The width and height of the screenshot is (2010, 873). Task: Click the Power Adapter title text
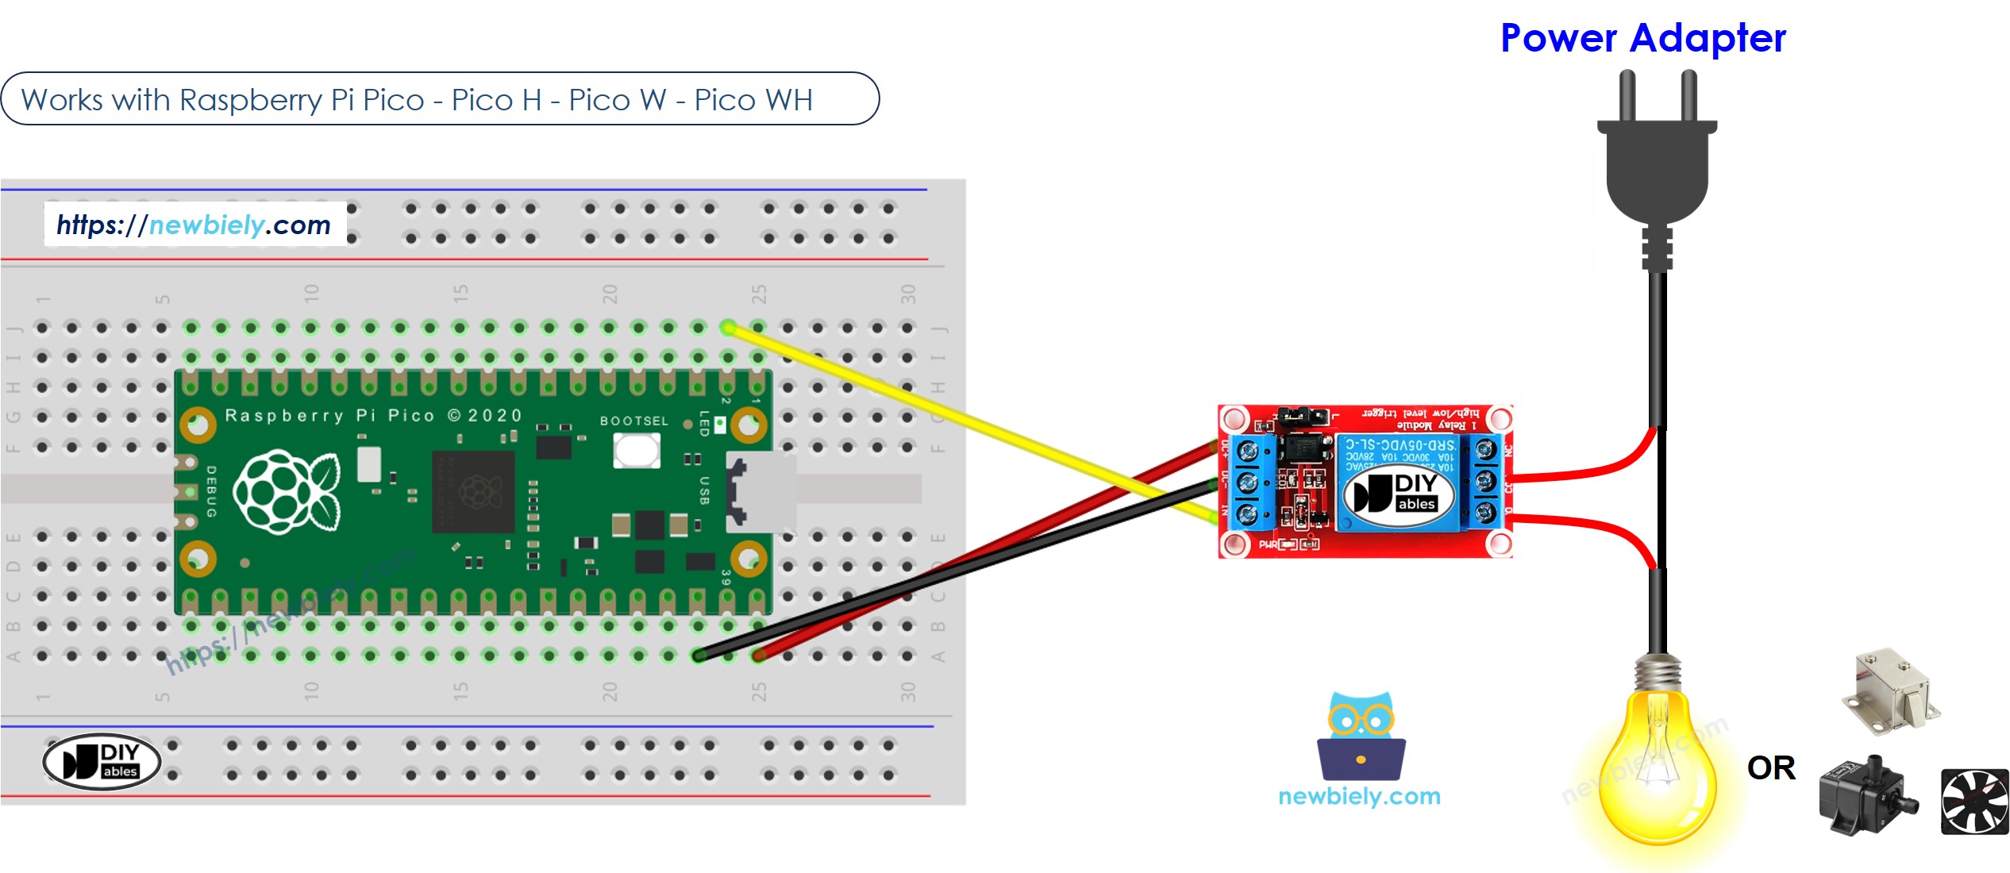[1642, 38]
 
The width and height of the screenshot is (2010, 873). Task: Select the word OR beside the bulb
[1771, 768]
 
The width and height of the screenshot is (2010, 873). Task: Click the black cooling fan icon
[1974, 801]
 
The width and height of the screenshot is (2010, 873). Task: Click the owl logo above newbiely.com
[1361, 736]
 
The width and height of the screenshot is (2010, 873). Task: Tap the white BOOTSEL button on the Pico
[636, 450]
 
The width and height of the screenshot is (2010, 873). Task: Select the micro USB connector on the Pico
[760, 492]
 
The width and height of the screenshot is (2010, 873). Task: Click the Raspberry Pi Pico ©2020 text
[373, 415]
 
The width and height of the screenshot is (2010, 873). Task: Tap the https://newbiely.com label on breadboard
[194, 225]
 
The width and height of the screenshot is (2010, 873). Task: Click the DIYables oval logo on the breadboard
[102, 761]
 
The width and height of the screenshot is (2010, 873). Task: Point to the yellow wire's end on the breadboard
[728, 327]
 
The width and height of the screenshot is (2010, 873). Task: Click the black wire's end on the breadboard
[699, 656]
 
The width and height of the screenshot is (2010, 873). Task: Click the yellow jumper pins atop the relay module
[1302, 415]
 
